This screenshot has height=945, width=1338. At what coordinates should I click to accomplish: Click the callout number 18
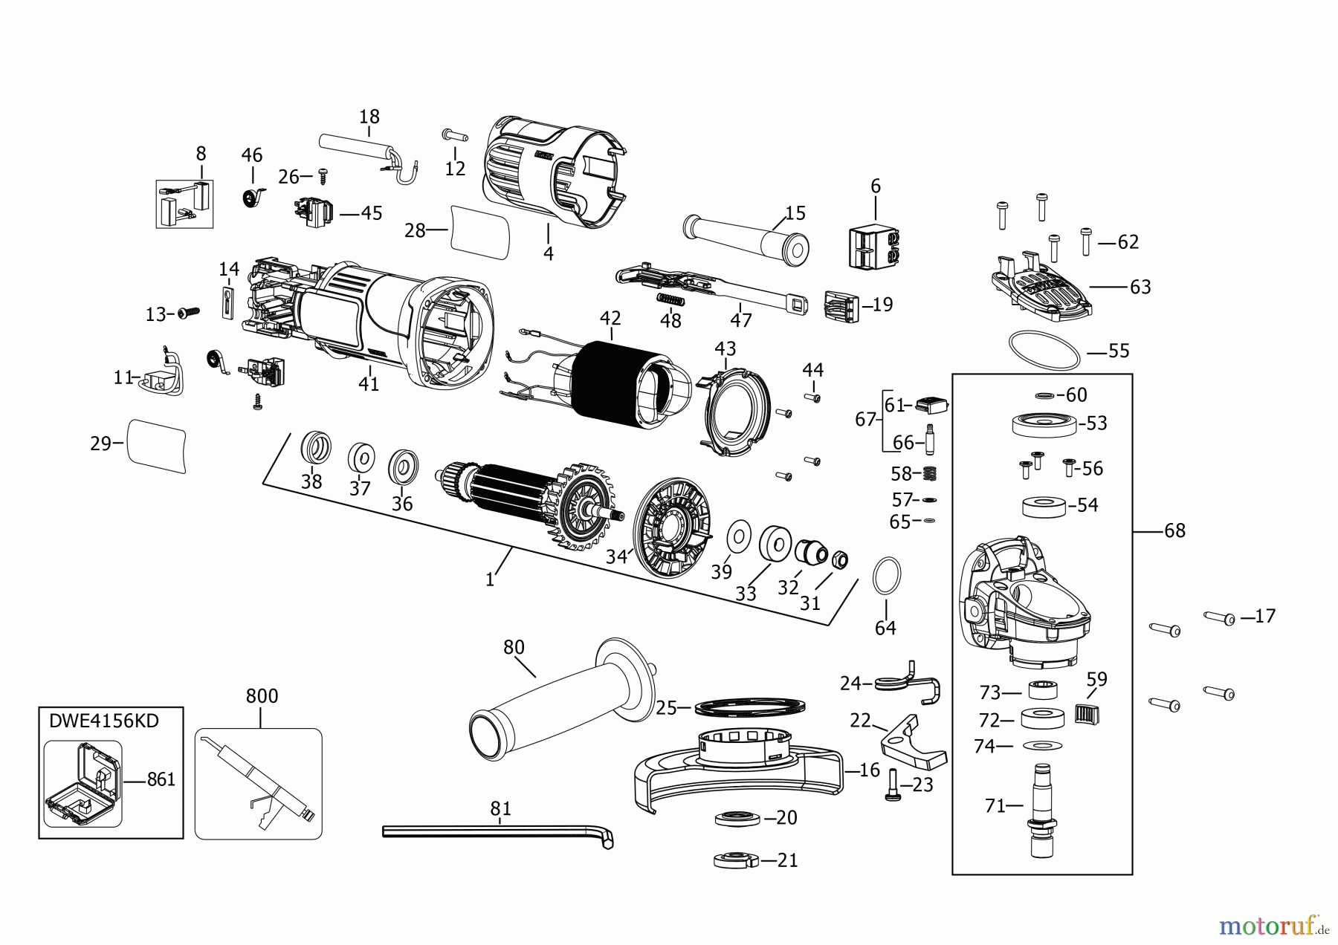(369, 117)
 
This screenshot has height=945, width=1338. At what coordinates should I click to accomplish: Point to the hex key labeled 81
(498, 831)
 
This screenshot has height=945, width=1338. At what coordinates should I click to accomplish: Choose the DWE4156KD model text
(104, 721)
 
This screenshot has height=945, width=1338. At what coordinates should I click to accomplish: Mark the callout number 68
(1174, 530)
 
